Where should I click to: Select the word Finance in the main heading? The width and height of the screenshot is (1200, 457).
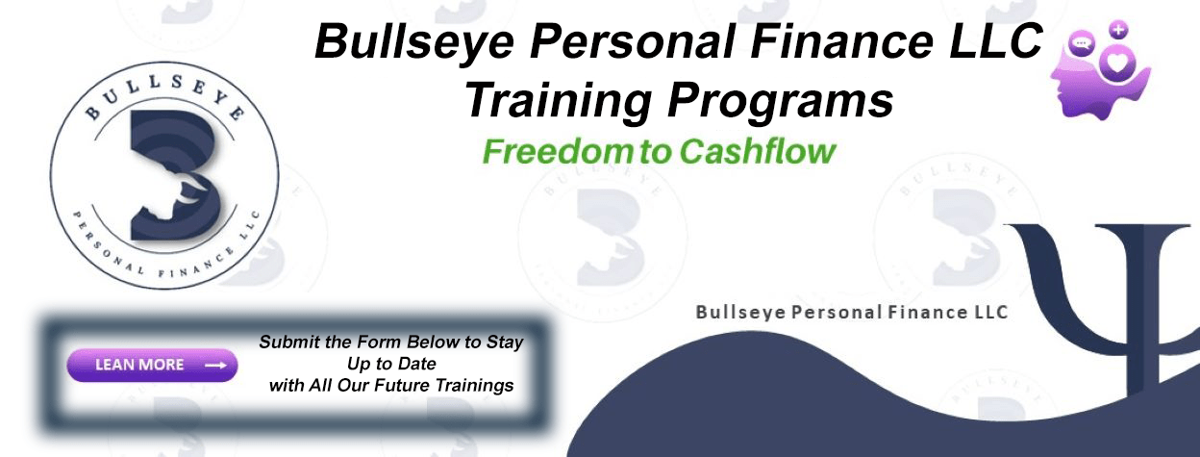[x=842, y=41]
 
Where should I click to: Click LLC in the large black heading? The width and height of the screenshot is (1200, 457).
[x=996, y=41]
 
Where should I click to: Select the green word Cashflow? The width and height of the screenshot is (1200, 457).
[x=758, y=152]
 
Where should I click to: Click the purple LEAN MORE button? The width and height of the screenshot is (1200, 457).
[x=152, y=366]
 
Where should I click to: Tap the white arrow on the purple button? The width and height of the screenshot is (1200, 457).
[x=216, y=366]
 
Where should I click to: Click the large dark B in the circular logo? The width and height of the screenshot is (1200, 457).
[x=177, y=175]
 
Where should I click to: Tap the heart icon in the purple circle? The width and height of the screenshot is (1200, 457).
[x=1117, y=63]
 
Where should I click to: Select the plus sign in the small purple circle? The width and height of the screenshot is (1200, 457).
[x=1118, y=30]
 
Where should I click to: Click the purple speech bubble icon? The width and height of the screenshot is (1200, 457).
[x=1082, y=43]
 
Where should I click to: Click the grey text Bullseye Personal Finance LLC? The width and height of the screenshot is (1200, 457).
[x=852, y=312]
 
